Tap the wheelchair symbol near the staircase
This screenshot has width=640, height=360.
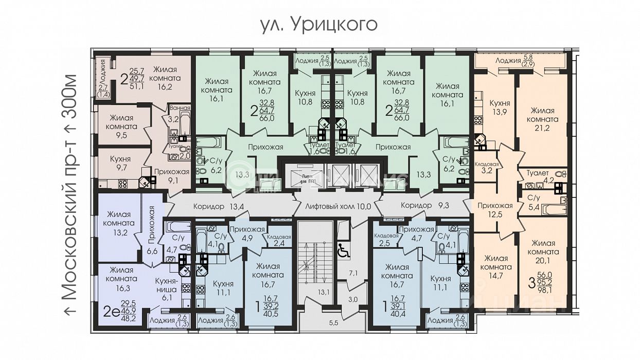pyautogui.click(x=343, y=250)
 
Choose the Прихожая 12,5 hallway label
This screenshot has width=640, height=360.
pyautogui.click(x=494, y=210)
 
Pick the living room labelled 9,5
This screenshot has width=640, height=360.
pyautogui.click(x=121, y=127)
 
